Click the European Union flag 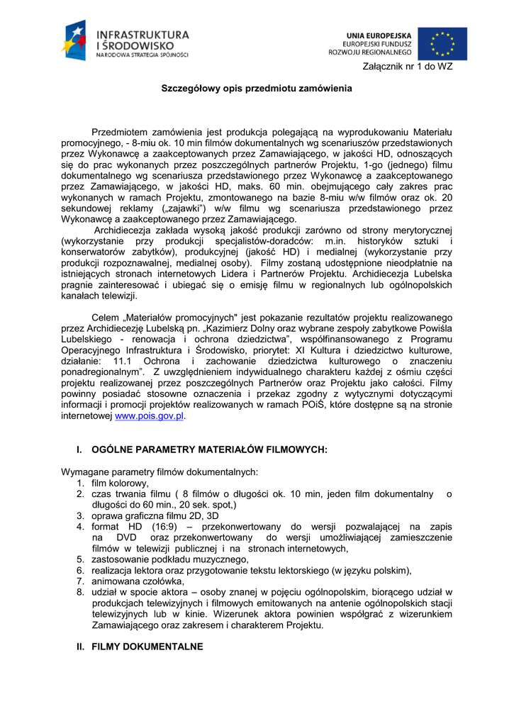pos(442,43)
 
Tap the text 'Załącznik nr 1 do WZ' pos(407,67)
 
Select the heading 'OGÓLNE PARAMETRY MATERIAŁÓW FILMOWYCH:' pos(209,449)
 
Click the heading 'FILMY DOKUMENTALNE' pos(147,647)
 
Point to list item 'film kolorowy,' pos(121,483)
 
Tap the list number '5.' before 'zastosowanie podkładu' pos(82,559)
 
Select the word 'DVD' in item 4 pos(126,537)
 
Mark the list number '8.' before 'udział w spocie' pos(82,592)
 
